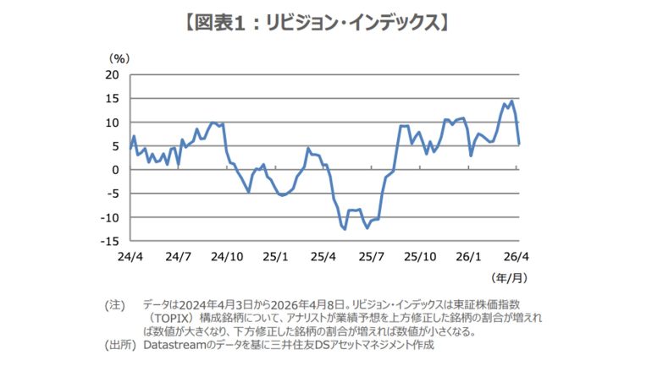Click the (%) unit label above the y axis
119,58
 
